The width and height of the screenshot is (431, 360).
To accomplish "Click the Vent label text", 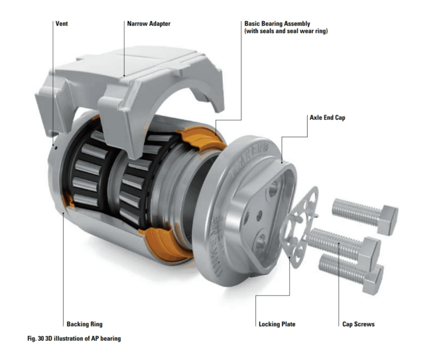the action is coord(62,24).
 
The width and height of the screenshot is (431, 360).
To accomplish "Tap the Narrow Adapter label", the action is coord(149,24).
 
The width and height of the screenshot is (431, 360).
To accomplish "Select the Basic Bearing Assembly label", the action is coord(277,24).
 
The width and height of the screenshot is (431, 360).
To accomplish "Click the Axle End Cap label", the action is coord(328,117).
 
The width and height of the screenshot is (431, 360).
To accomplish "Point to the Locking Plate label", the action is coord(277,324).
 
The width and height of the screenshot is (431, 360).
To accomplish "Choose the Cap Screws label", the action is coord(359,324).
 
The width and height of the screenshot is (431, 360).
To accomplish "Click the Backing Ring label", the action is coord(84,324).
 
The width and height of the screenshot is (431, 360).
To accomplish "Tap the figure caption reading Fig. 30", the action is coord(74,339).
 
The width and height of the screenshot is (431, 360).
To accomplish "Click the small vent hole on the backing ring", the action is coord(56,148).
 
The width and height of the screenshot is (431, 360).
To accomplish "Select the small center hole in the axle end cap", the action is coord(259,216).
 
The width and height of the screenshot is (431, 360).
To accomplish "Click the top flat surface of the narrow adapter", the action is coord(137,62).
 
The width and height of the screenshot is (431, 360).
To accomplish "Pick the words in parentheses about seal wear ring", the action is coord(286,31).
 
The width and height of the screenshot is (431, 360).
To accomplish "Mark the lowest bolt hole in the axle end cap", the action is coord(260,242).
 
